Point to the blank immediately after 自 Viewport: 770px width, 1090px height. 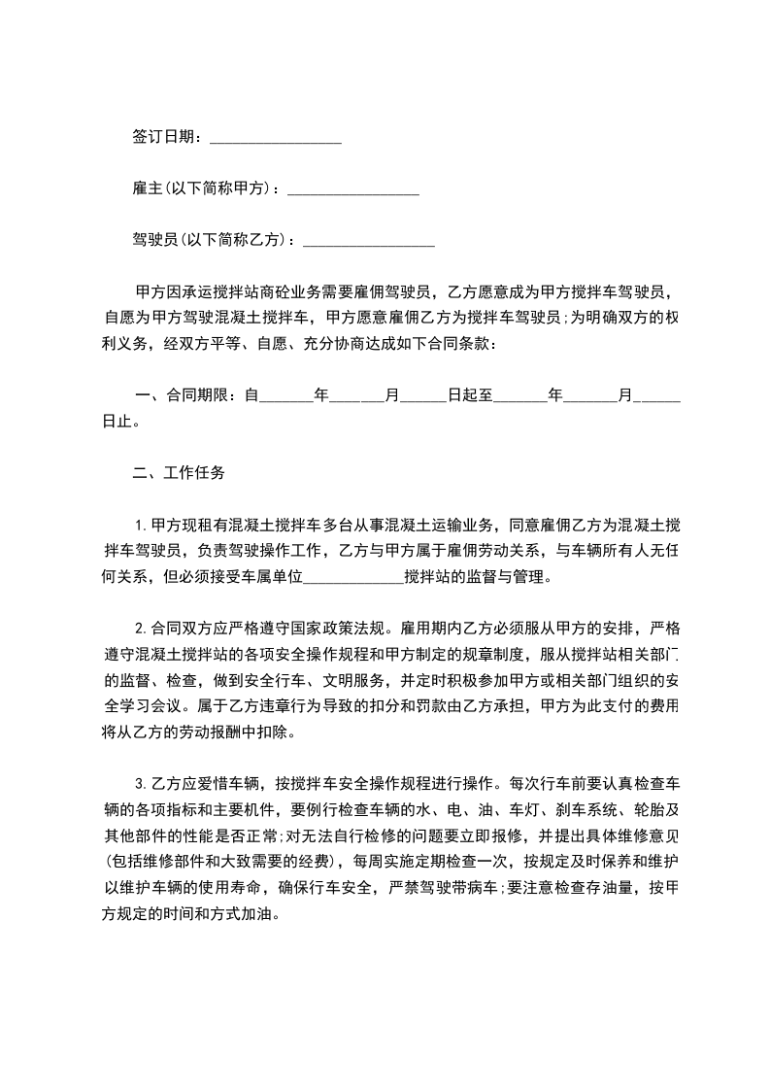287,397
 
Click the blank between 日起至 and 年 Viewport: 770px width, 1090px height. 520,397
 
